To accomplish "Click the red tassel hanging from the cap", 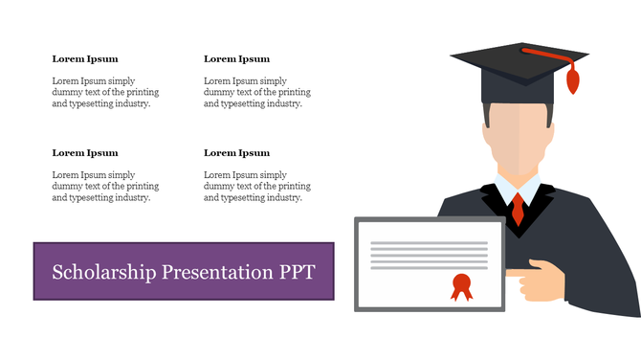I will (x=573, y=80).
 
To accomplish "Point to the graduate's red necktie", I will (x=518, y=208).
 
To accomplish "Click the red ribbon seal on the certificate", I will (x=462, y=285).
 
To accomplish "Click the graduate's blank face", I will (x=518, y=139).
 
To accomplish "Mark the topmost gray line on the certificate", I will (x=429, y=243).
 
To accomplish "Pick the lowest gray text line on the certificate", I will (x=429, y=267).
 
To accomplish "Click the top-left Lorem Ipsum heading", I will (x=85, y=58).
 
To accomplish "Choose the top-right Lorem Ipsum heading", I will (x=236, y=58).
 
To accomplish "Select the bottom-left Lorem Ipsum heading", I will (x=85, y=152).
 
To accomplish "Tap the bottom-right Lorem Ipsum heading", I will (x=236, y=152).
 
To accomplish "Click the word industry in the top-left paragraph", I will (x=131, y=104).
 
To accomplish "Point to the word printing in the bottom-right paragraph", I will (x=294, y=187).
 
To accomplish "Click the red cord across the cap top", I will (x=550, y=54).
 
